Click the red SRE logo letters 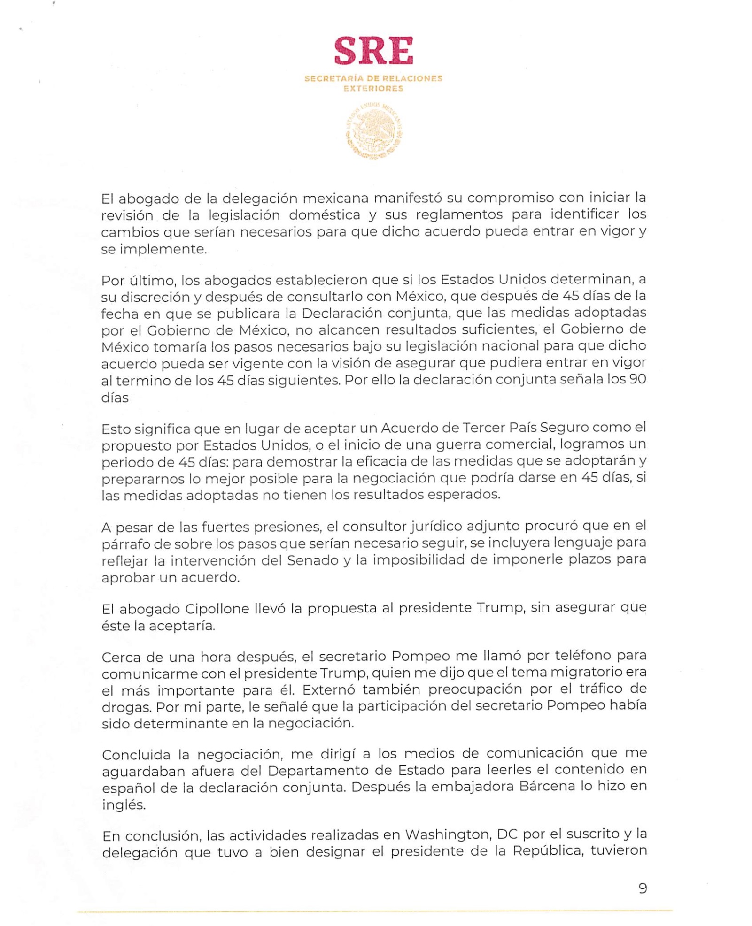373,51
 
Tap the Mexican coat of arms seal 374,131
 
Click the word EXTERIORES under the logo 373,89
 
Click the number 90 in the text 637,379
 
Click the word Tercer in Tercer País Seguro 485,428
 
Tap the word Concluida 136,755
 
